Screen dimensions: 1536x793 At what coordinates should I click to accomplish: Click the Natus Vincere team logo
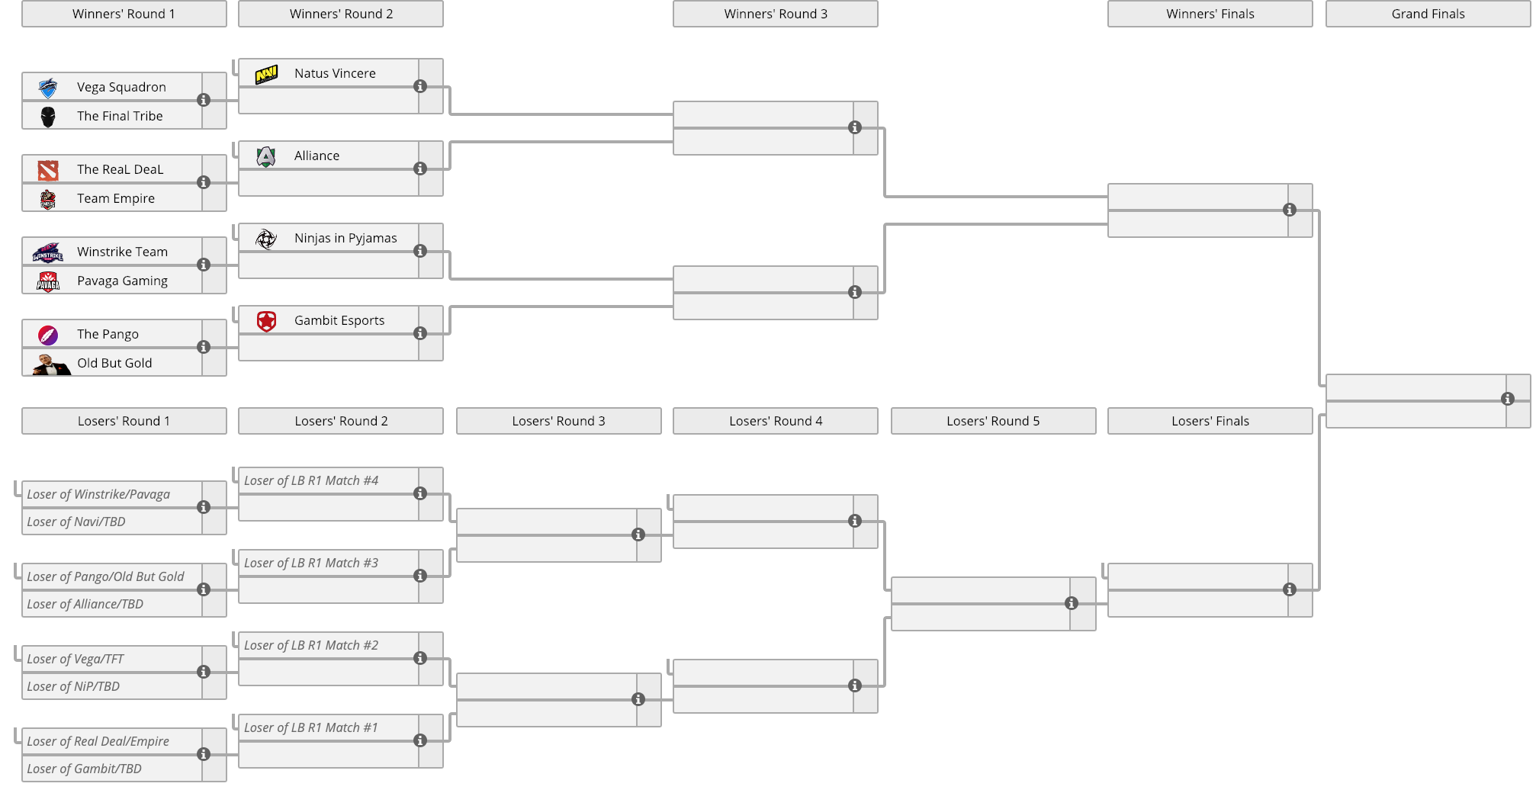point(266,74)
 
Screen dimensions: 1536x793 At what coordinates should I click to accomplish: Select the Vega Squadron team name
point(121,87)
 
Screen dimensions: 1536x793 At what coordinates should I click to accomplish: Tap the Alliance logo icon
point(266,156)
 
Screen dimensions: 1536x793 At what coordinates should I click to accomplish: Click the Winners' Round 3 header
point(776,14)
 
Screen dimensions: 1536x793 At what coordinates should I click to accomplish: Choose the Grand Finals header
point(1428,14)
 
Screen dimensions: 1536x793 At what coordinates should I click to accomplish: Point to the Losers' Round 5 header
point(993,421)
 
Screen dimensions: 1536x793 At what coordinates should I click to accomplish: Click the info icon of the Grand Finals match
point(1508,399)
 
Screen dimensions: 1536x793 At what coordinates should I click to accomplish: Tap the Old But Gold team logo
point(50,364)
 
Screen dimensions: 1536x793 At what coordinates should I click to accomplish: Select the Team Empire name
point(116,198)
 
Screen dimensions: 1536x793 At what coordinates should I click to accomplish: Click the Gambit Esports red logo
point(266,321)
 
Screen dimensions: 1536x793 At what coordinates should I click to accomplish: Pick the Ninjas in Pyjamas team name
point(345,238)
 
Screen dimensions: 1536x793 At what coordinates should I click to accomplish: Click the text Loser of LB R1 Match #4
point(311,480)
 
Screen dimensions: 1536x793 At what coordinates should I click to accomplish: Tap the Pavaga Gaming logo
point(48,281)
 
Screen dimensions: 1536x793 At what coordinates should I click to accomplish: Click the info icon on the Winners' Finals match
point(1290,210)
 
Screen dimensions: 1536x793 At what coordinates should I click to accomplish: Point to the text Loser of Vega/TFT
point(75,659)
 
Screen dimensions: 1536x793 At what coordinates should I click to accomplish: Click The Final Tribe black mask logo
point(48,117)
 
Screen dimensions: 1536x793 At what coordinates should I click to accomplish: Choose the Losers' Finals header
point(1210,421)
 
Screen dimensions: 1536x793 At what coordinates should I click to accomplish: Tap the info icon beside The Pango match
point(204,347)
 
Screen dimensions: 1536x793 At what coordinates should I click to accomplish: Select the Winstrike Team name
point(122,252)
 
